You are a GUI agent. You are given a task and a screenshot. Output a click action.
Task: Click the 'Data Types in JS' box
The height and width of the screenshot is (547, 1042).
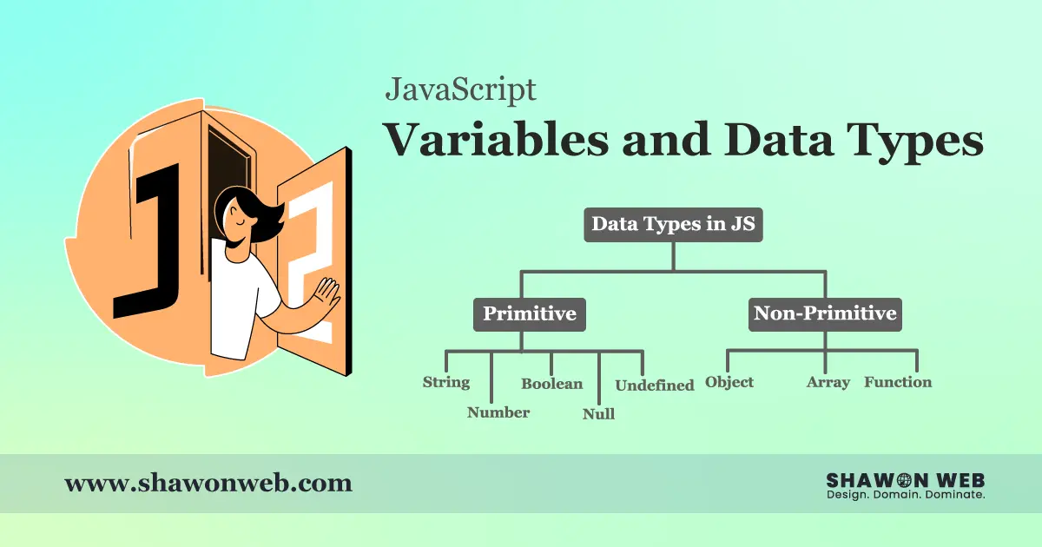pos(674,224)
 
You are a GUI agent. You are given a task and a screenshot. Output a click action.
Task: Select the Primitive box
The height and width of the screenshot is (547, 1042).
pos(529,313)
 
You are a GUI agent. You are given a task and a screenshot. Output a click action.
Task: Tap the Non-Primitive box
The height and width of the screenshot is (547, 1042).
pos(825,313)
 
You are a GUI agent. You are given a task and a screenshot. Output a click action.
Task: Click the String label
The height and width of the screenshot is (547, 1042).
pos(446,382)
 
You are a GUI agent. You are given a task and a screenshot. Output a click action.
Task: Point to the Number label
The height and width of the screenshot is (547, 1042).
pos(498,412)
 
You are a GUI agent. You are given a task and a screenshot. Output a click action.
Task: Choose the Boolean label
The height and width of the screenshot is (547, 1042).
pos(552,383)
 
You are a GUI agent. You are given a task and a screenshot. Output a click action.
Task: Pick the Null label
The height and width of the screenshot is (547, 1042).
pos(598,414)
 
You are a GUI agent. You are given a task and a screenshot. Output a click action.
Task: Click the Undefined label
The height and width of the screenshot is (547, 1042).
pos(655,385)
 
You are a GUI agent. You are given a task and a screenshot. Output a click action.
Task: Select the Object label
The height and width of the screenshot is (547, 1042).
pos(729,382)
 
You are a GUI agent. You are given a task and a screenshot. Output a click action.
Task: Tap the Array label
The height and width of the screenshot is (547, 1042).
pos(828,382)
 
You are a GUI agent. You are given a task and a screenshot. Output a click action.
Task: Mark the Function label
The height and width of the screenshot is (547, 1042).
pos(898,382)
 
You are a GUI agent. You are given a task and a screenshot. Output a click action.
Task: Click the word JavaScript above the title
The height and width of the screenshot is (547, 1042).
pos(460,89)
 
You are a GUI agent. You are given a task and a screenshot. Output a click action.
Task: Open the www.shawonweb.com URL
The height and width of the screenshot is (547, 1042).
pos(208,483)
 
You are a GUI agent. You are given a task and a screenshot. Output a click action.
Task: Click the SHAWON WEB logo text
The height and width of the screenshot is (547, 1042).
pos(905,480)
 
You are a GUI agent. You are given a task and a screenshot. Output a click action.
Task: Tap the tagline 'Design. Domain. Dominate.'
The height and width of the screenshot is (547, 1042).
pos(905,495)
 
